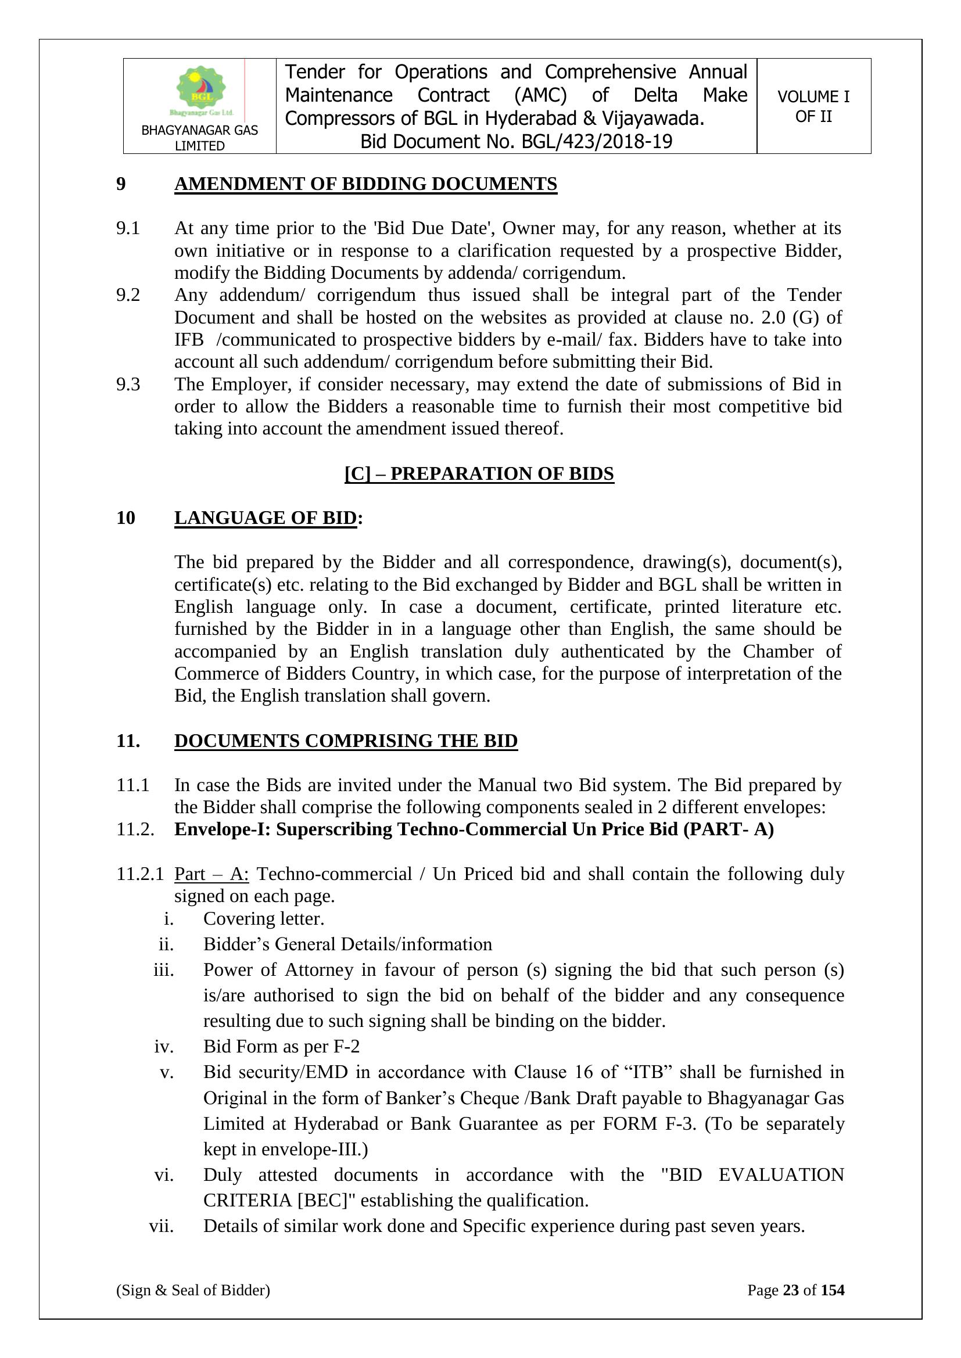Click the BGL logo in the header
200,90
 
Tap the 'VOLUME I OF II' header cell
813,106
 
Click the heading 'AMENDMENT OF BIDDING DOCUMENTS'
365,184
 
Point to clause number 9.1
128,228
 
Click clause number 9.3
128,385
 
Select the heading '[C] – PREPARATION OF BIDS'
479,474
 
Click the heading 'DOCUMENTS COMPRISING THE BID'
346,741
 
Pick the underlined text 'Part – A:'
211,874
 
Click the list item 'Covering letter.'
264,918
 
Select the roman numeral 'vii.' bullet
162,1226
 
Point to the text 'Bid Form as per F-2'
281,1046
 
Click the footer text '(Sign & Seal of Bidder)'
193,1290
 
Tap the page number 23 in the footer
791,1290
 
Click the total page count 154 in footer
833,1290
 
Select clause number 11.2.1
139,874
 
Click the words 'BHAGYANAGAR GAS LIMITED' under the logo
199,138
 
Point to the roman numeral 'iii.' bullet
164,970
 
